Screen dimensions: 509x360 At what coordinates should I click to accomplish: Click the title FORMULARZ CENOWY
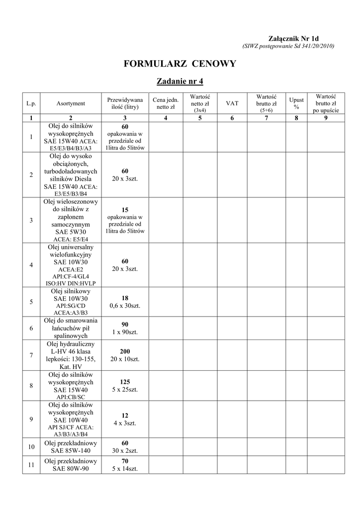(180, 64)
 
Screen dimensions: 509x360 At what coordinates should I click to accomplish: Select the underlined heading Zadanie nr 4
(180, 81)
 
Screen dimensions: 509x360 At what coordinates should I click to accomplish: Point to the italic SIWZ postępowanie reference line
(288, 46)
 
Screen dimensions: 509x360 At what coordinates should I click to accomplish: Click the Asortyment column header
(71, 103)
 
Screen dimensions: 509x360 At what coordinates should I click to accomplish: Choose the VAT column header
(232, 103)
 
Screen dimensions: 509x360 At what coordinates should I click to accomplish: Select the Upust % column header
(296, 103)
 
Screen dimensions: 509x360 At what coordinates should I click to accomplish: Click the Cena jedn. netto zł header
(166, 103)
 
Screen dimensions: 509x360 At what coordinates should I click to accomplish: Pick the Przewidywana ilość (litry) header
(125, 103)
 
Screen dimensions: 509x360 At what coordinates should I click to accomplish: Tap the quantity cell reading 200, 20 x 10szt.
(125, 355)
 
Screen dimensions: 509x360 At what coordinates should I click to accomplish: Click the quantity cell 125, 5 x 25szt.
(125, 386)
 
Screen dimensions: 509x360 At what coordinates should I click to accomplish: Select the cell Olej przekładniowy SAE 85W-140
(71, 447)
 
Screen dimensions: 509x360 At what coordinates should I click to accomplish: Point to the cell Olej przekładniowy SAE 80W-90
(71, 465)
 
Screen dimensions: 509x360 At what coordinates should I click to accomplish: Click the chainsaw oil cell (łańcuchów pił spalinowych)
(71, 328)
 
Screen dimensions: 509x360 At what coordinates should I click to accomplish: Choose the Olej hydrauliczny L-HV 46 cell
(71, 355)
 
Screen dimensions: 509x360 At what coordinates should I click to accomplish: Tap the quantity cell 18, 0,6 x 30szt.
(125, 302)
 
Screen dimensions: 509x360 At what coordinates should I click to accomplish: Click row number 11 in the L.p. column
(31, 465)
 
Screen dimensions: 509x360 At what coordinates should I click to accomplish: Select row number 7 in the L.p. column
(31, 355)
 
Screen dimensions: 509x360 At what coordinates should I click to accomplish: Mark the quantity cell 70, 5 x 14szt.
(125, 465)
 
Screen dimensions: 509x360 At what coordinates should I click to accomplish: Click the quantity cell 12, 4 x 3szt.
(125, 419)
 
